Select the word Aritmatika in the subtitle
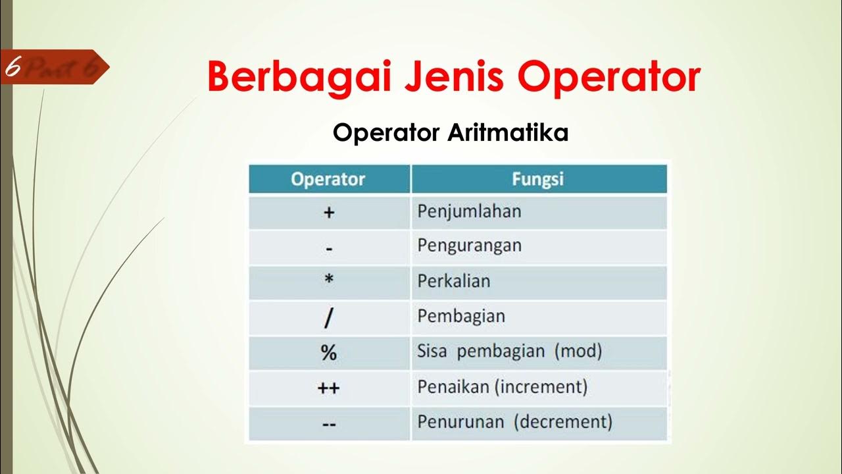508,133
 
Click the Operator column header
328,179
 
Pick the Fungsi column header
537,179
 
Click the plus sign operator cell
329,213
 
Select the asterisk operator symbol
329,280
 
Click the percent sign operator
329,353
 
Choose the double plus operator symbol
329,388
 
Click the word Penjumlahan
469,211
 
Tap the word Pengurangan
469,246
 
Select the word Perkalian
454,281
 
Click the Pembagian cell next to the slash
461,316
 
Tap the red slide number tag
53,67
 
